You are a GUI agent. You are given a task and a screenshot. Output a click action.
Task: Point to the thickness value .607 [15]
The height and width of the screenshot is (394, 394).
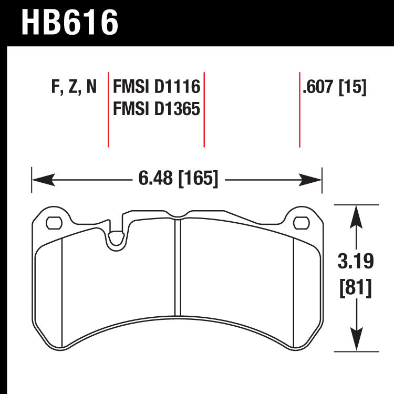coord(334,87)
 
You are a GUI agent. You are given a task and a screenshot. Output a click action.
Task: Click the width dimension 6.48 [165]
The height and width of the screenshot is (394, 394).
coord(178,179)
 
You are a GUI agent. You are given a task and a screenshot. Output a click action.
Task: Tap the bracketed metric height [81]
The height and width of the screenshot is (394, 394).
coord(357,287)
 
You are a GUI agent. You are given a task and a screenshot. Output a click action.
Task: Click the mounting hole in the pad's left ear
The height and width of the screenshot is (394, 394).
coord(53,223)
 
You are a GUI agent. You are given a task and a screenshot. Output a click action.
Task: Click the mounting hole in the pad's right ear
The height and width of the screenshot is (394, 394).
coord(301,223)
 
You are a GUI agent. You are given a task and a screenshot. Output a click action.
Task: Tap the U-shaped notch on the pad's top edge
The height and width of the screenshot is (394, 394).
coord(115,239)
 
